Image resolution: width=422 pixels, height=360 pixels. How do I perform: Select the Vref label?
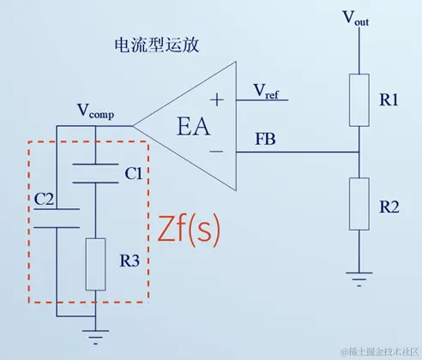[x=266, y=90]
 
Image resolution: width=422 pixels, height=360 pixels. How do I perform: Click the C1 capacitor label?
[x=132, y=174]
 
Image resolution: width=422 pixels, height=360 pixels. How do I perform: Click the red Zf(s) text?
[x=190, y=229]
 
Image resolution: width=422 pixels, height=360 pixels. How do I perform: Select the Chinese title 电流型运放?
[x=156, y=45]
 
